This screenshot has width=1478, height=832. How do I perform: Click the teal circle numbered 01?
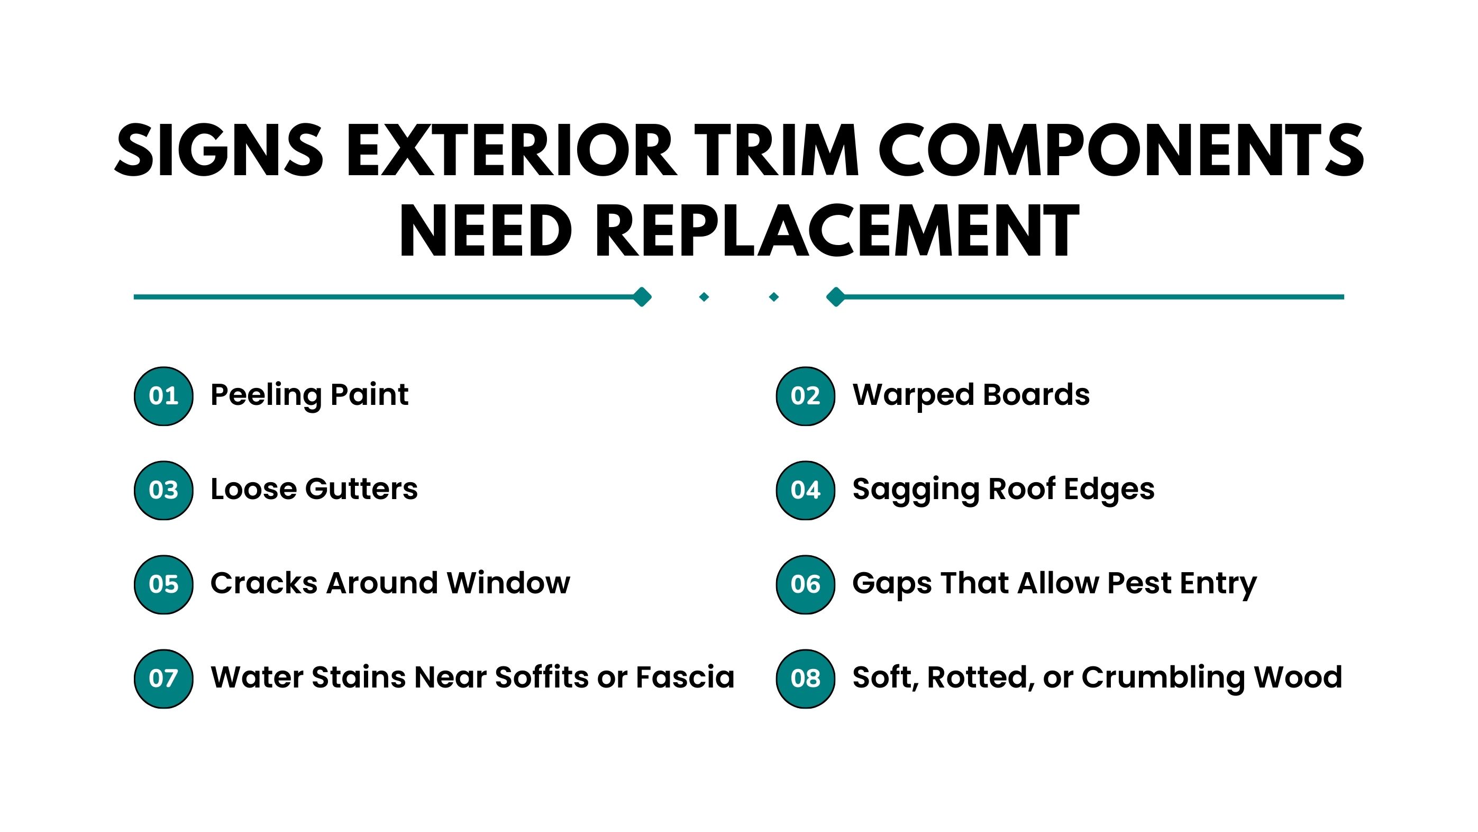click(x=163, y=396)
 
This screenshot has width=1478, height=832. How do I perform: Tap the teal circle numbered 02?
click(x=806, y=396)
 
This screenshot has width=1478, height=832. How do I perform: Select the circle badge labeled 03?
click(x=163, y=490)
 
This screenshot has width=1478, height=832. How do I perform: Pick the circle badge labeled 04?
click(x=806, y=490)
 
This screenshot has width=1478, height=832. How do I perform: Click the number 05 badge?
click(x=163, y=584)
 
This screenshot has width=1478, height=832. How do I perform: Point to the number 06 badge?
click(x=806, y=584)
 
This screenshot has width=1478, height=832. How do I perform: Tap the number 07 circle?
click(x=163, y=679)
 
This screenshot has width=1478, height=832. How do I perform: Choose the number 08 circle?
click(x=806, y=679)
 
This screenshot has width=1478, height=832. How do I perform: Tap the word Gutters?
click(x=361, y=489)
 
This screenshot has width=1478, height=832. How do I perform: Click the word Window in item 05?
click(x=509, y=583)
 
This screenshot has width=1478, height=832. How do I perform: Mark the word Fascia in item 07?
click(x=685, y=677)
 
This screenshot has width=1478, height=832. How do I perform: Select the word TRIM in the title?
click(x=777, y=150)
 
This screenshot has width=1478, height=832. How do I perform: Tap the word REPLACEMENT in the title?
click(x=838, y=231)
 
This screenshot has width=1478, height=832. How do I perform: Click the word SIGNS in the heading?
click(x=218, y=150)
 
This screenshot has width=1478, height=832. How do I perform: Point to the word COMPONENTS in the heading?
click(x=1121, y=150)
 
